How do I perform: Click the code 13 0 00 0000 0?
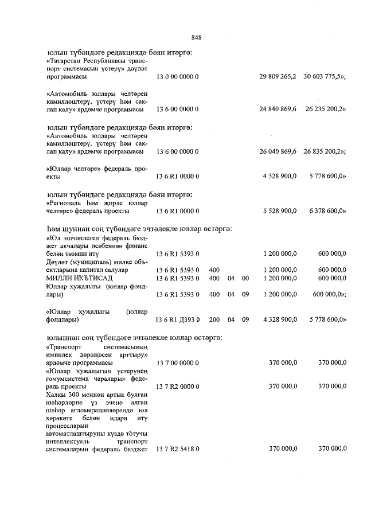tap(177, 76)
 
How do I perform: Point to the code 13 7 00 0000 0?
tap(177, 362)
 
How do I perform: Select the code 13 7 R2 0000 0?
tap(178, 386)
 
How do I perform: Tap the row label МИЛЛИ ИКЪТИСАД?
tap(70, 278)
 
